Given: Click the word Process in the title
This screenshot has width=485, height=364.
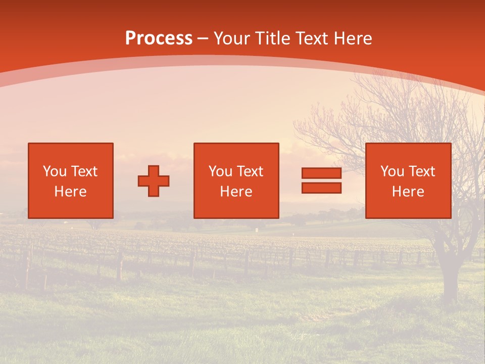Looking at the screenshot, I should tap(159, 38).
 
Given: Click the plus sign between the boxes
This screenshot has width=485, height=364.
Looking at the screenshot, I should tap(154, 181).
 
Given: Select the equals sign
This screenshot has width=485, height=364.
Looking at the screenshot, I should tap(321, 181).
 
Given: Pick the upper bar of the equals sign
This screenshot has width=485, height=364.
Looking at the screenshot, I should tap(321, 174).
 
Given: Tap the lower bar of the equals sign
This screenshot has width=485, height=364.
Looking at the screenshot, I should tap(321, 188).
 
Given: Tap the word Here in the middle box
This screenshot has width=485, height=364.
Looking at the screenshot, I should tap(236, 192).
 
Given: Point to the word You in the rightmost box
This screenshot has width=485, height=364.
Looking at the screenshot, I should tap(392, 171).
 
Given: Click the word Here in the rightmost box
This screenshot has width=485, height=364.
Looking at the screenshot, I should tap(408, 192).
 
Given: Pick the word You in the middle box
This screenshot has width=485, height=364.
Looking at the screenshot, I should tap(220, 171).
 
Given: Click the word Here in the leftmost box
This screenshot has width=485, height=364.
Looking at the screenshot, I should tap(70, 192).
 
